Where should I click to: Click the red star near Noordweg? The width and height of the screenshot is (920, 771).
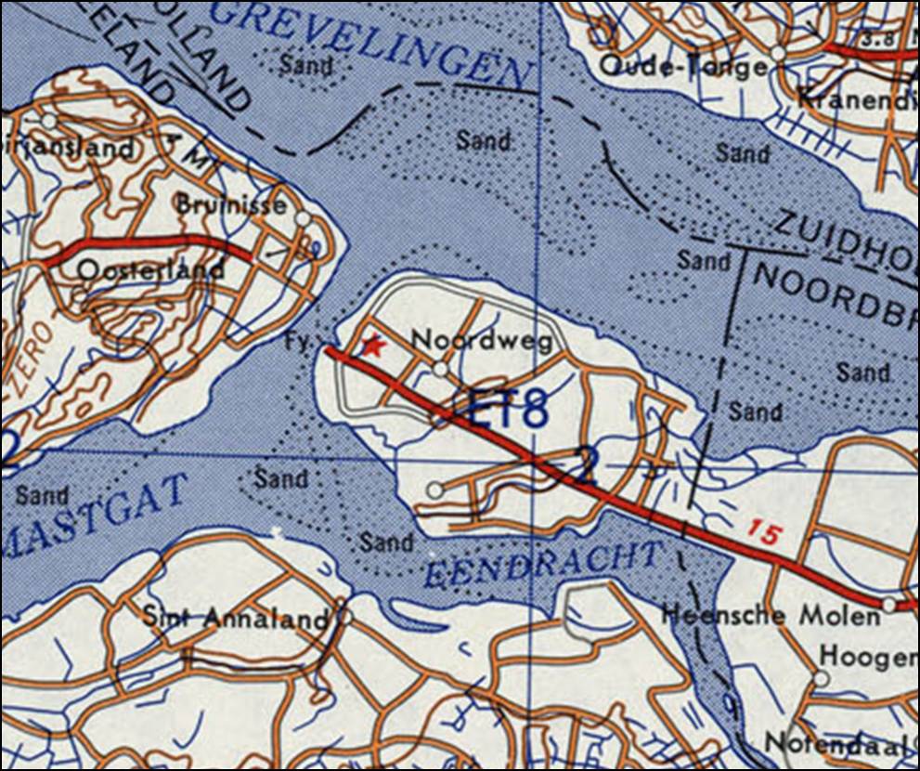pos(373,346)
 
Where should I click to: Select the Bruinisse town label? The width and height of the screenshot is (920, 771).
pos(232,204)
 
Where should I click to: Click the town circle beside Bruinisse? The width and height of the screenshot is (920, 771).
pos(302,218)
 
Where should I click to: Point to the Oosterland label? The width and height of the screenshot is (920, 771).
pos(151,270)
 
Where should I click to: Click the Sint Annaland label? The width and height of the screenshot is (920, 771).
pos(237,617)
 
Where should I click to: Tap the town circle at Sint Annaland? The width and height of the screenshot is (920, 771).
pos(345,615)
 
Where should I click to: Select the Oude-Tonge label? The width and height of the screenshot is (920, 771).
pos(683,66)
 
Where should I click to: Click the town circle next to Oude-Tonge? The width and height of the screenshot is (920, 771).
pos(778,55)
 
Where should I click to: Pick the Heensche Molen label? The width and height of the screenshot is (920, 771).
pos(770,614)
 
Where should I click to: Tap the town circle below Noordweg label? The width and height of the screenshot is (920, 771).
pos(440,370)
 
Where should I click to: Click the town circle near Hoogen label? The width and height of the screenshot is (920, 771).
pos(821,678)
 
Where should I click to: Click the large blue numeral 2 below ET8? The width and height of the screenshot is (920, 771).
pos(583,464)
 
